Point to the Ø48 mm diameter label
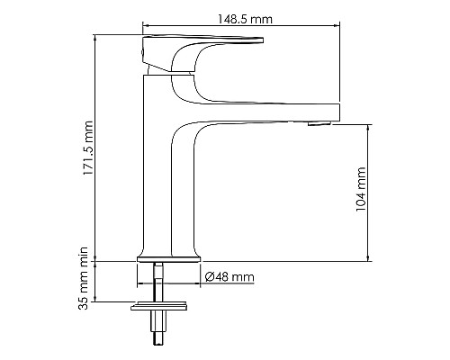[229, 276]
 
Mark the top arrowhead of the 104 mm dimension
[368, 127]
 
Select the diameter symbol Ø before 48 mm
[209, 276]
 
